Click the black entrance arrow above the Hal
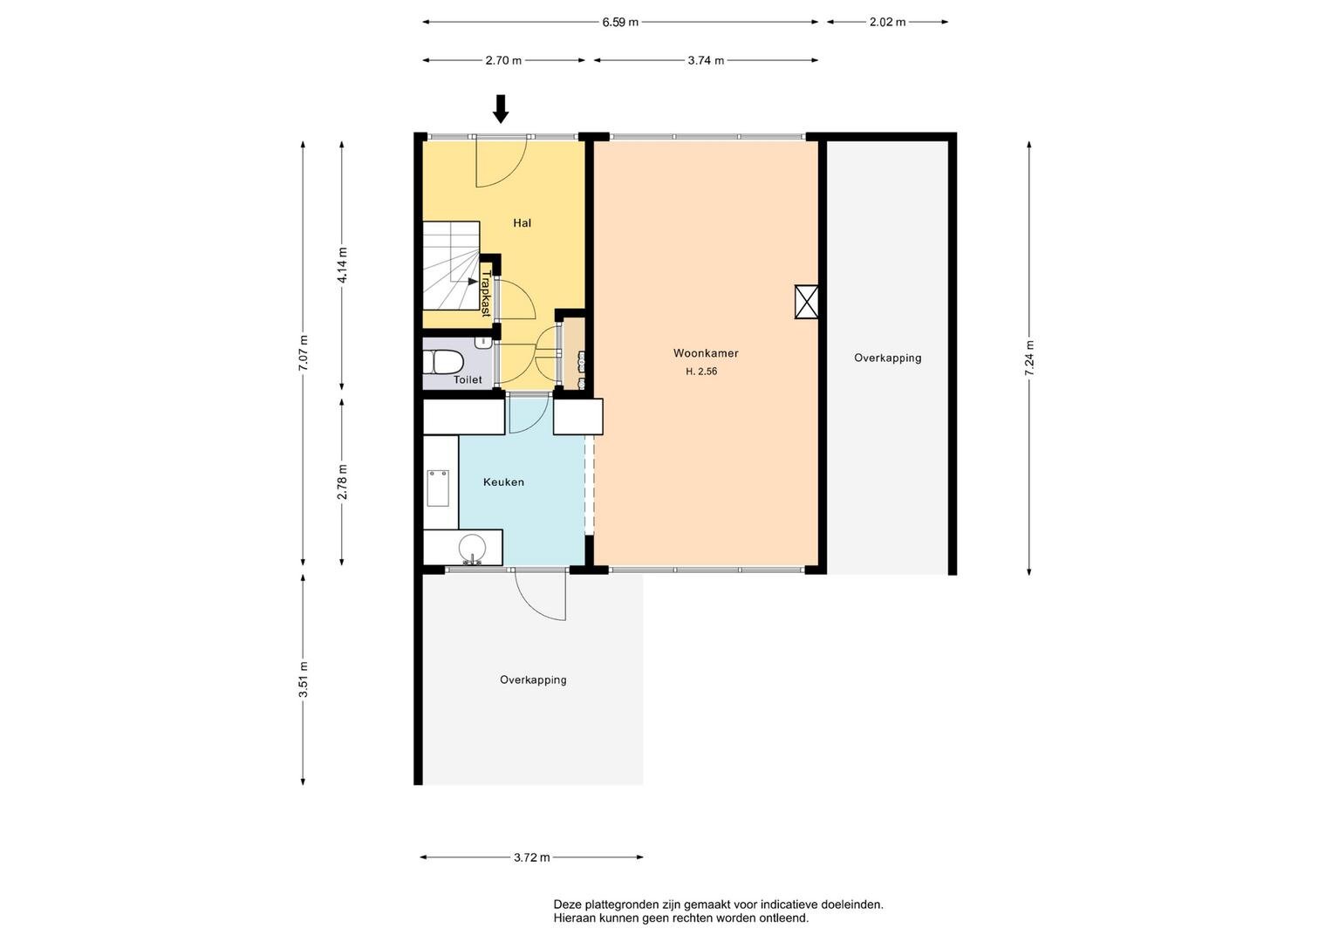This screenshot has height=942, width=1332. coord(501,109)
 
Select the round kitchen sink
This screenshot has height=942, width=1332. coord(473,547)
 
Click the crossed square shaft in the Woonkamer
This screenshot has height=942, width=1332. coord(807,302)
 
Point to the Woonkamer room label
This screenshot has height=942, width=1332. coord(706,353)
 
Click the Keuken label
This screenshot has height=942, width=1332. coord(503,482)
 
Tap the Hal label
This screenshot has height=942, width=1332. coord(522,223)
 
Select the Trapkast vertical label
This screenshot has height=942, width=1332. coord(486,292)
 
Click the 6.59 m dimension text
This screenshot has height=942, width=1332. coord(619,22)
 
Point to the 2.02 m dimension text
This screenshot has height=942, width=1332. coord(887,22)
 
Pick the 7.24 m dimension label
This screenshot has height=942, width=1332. coord(1029,358)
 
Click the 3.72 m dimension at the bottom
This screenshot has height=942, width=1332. coord(531,857)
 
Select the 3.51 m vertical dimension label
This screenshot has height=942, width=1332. coord(304,679)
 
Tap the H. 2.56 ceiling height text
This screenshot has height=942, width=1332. coord(700,372)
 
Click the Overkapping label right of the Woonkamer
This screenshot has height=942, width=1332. coord(887,358)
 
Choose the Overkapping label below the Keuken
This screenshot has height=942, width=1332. coord(533,679)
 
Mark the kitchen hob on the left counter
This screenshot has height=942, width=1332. coord(438,488)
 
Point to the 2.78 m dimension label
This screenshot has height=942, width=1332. coord(342,481)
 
